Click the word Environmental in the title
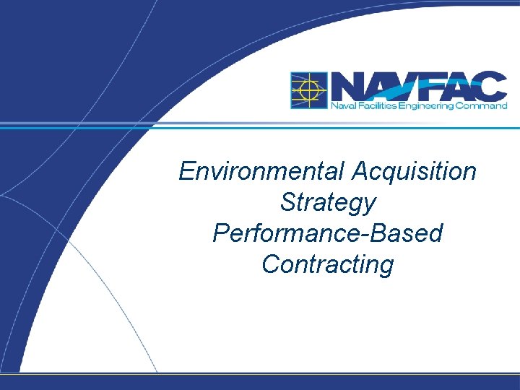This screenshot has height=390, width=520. pos(263,172)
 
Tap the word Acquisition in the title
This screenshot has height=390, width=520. pos(415,172)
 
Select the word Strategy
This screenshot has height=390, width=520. pos(328,203)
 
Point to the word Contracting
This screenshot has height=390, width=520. pos(328,264)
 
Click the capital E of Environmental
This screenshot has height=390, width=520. pos(186,172)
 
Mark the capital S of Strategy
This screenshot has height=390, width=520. pos(288,202)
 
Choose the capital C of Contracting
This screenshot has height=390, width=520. pos(271,264)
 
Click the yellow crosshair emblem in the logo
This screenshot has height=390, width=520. pos(308,90)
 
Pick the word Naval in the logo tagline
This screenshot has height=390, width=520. pos(341,105)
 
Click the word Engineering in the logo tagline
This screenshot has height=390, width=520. pos(427,105)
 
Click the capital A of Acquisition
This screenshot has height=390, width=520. pos(361,172)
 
